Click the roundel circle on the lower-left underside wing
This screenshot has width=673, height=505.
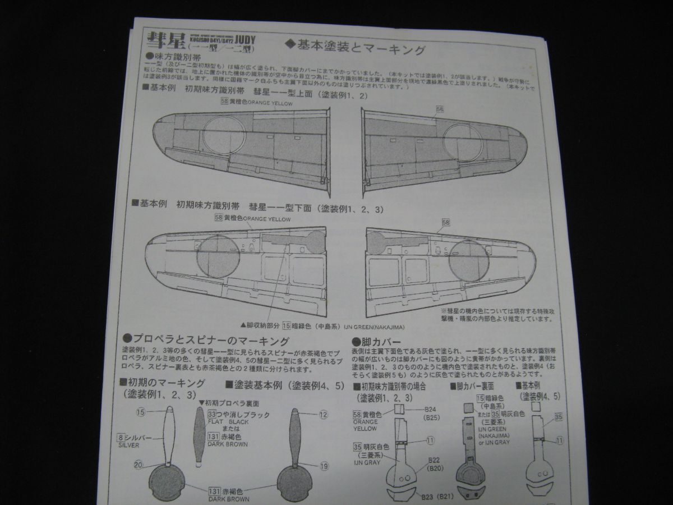click(218, 258)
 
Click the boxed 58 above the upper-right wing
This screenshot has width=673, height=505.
click(439, 108)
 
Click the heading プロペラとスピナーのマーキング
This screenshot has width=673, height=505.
click(206, 341)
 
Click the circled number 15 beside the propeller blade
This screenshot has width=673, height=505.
click(140, 412)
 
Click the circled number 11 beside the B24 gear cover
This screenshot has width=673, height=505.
click(430, 440)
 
